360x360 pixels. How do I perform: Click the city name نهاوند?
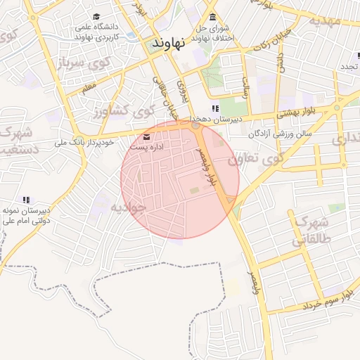coord(169,43)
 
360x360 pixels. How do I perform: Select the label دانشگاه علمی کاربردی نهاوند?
coord(96,30)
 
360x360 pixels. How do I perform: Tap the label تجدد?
coord(349,67)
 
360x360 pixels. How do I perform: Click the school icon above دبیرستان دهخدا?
coord(215,108)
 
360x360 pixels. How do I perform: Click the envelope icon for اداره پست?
coord(146,136)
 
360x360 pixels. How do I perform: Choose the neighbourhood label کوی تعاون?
coord(250,160)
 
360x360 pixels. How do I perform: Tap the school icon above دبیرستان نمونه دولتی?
coord(26,200)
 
